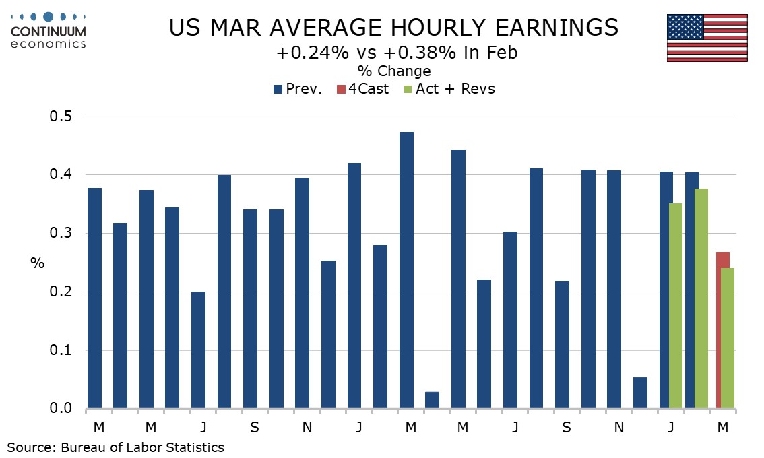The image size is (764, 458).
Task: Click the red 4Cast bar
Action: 722,330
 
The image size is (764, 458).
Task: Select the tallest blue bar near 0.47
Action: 406,270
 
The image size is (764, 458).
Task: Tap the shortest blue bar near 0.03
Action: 432,400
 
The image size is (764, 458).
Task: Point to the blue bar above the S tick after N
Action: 562,344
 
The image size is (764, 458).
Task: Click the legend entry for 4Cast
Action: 364,89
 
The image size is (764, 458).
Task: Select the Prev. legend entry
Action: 300,89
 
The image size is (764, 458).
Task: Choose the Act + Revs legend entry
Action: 449,89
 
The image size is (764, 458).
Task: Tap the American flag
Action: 707,38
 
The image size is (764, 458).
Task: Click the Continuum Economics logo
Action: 48,30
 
